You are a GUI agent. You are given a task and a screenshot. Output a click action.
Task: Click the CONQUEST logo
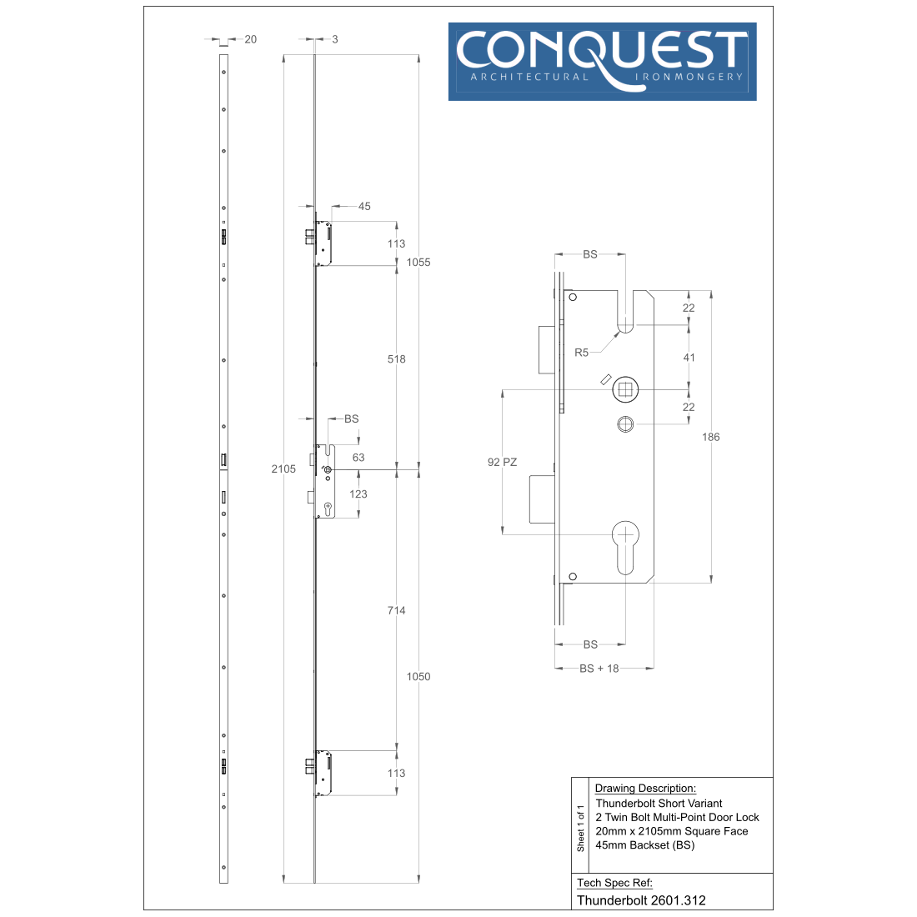[x=602, y=62]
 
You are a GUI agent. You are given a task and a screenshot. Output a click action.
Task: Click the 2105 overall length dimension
[x=283, y=469]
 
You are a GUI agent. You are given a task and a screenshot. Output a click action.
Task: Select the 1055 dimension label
[x=418, y=262]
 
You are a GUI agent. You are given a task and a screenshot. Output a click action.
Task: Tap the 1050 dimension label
[x=418, y=676]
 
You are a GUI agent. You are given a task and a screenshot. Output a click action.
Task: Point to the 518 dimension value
[x=397, y=359]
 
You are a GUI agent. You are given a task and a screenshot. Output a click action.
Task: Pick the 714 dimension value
[x=397, y=610]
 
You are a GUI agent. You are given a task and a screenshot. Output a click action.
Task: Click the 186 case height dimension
[x=710, y=437]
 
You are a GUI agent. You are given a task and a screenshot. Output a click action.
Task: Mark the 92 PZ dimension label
[x=503, y=462]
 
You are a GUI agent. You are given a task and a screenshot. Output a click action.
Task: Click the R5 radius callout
[x=581, y=353]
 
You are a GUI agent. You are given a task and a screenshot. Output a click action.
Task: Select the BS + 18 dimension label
[x=599, y=669]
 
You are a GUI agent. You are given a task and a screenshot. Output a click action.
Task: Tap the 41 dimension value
[x=689, y=358]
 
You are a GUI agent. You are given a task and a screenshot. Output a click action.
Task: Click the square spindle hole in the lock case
[x=625, y=389]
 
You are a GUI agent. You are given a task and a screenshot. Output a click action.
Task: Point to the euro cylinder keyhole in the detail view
[x=625, y=548]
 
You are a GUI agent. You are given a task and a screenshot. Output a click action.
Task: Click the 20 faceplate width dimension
[x=250, y=39]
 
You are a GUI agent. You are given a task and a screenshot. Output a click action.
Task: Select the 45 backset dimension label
[x=364, y=206]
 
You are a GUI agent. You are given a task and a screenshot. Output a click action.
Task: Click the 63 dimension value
[x=358, y=458]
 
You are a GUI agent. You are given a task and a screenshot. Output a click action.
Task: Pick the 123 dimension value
[x=358, y=494]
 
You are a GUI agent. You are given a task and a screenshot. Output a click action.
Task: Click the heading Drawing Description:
[x=645, y=789]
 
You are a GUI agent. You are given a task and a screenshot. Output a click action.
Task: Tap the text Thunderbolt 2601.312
[x=641, y=900]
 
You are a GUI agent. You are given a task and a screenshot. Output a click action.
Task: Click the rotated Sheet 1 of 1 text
[x=581, y=828]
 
